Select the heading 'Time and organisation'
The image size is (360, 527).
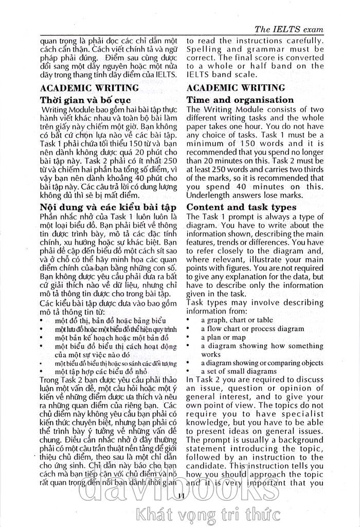point(240,100)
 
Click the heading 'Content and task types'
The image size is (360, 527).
point(248,207)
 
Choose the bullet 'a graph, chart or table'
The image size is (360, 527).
point(237,320)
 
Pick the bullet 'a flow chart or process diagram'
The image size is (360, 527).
point(252,329)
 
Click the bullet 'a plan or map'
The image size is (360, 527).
point(223,337)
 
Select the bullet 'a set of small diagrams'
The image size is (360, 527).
point(239,371)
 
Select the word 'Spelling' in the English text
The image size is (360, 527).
point(204,49)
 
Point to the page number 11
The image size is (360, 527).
point(179,495)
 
